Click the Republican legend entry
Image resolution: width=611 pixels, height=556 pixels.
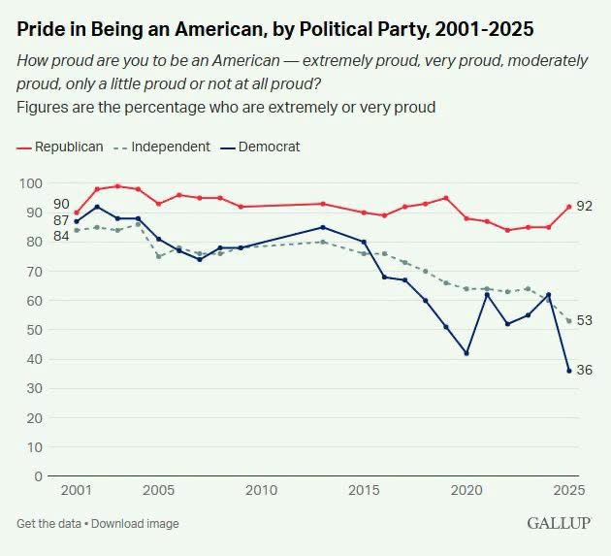(x=60, y=147)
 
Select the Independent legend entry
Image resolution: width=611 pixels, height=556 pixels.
(x=162, y=147)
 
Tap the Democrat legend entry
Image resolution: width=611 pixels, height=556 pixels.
(x=260, y=147)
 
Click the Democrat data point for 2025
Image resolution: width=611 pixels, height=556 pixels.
(x=569, y=371)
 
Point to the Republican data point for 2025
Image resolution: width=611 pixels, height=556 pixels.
(x=569, y=207)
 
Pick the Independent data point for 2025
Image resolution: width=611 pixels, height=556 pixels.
(x=569, y=321)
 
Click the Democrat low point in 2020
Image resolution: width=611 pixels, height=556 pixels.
(x=466, y=353)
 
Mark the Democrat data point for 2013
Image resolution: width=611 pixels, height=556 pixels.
(x=323, y=227)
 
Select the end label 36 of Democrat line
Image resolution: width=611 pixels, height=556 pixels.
(x=584, y=370)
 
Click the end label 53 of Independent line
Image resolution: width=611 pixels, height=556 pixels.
(x=584, y=320)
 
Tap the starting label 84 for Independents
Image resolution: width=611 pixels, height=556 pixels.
(x=61, y=236)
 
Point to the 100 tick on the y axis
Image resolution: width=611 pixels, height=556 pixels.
(x=31, y=183)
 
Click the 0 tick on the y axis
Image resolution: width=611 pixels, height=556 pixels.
(x=38, y=476)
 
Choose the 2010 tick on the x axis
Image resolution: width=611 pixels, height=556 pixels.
(x=261, y=490)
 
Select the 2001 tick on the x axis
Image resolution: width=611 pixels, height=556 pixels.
(x=77, y=490)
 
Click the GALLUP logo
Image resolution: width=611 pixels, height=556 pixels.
(x=560, y=523)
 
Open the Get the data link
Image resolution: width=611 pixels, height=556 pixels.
(x=48, y=524)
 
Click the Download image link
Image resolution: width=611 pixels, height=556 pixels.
(x=135, y=524)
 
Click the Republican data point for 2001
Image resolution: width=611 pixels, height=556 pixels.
(x=77, y=213)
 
